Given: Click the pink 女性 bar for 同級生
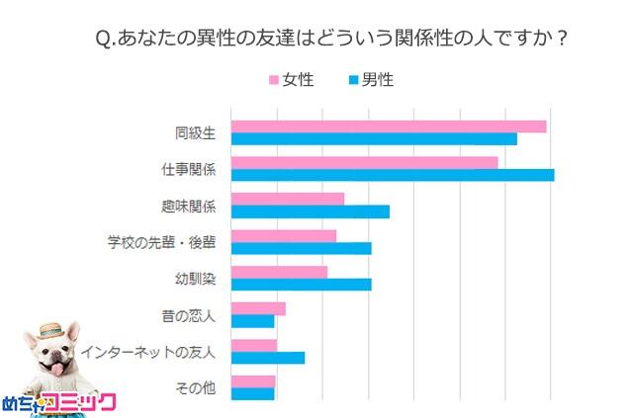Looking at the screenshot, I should coord(388,125).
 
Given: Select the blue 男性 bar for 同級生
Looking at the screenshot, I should coord(374,138).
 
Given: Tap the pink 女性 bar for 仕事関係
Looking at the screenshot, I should coord(364,162).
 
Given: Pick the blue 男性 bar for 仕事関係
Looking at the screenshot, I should coord(392,175).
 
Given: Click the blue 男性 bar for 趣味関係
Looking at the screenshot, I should coord(310,211).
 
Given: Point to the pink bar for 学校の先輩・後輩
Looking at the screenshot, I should coord(283,235).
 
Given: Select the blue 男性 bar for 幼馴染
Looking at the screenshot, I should coord(301,285).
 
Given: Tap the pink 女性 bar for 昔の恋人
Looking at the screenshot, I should coord(257,308).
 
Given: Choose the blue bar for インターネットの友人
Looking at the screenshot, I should coord(267,357).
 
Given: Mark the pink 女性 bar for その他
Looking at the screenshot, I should coord(252,380).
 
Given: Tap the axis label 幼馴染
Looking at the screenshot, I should coord(195,278).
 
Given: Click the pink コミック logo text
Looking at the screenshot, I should coord(83,401).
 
